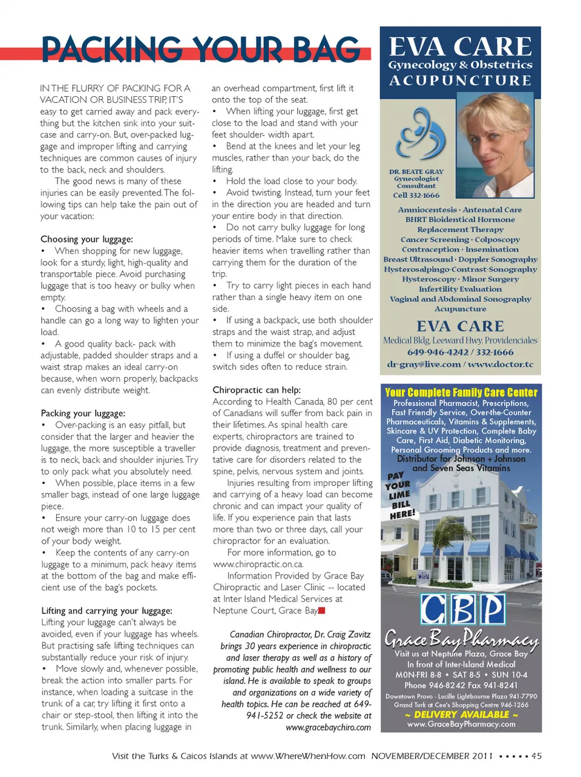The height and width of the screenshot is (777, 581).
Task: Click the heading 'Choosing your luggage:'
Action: click(87, 239)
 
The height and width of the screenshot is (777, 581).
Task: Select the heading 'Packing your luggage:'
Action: click(83, 413)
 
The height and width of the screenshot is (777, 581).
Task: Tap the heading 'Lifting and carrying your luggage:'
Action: click(107, 611)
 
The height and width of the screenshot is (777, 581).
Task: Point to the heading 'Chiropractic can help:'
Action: click(257, 390)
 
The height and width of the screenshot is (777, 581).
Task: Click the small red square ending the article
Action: click(322, 611)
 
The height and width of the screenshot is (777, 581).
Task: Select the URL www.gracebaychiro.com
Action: click(328, 727)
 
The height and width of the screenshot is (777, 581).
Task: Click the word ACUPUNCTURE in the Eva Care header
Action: click(460, 80)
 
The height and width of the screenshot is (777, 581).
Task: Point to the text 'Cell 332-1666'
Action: click(416, 195)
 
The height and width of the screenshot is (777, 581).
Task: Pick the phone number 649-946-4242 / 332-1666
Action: click(460, 352)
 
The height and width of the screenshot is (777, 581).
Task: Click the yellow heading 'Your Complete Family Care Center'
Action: click(461, 392)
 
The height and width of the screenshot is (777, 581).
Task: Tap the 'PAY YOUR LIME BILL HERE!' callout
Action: click(401, 496)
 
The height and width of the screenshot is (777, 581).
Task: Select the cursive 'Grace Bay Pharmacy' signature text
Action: click(461, 638)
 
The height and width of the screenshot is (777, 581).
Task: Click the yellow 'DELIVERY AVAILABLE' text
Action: click(461, 715)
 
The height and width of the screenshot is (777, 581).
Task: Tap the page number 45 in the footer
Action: click(536, 756)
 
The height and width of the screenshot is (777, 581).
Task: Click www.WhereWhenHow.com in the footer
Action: click(308, 756)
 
